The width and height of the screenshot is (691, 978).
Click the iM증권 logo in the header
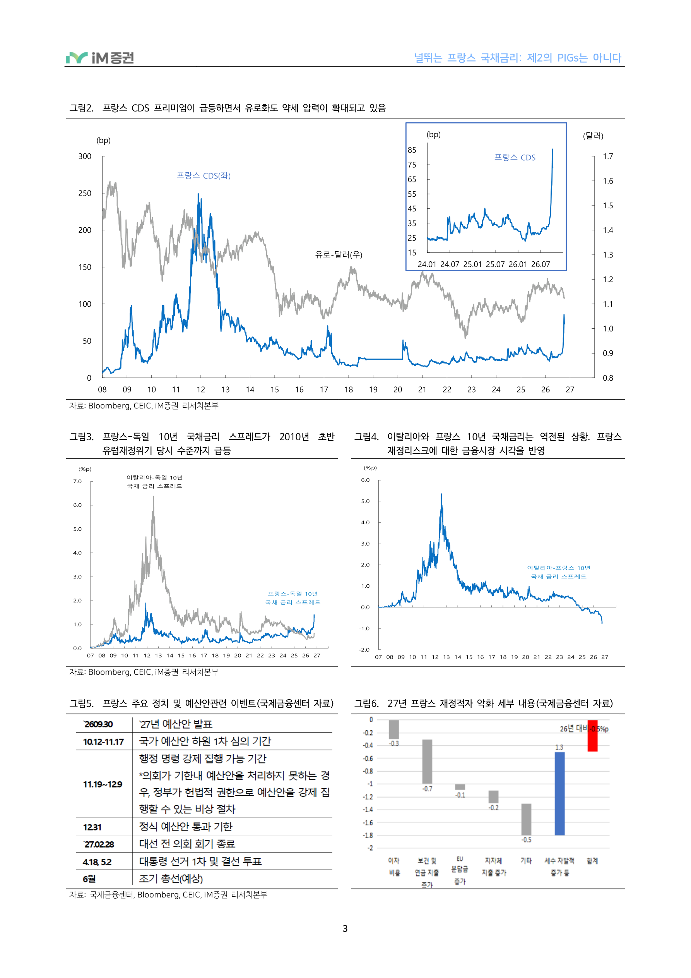pos(100,58)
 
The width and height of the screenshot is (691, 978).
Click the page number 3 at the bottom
pos(345,928)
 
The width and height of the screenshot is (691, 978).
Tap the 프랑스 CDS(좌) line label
pos(204,175)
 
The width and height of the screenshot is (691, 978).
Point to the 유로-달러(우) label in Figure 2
pos(339,255)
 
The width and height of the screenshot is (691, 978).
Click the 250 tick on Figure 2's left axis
pos(85,193)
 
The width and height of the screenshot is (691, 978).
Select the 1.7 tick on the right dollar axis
pos(608,156)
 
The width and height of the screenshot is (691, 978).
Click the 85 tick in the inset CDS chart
pos(412,150)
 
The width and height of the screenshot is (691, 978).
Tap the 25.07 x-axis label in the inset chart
pos(495,264)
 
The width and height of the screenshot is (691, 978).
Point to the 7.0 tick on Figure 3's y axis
pos(77,481)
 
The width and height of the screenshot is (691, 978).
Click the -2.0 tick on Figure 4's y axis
pos(364,650)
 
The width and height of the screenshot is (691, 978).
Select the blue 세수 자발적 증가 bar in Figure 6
pos(559,793)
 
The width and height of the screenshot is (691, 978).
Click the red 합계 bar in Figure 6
pos(593,736)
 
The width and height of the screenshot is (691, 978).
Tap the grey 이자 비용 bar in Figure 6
pos(394,729)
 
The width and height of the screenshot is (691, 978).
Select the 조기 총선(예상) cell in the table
pos(171,879)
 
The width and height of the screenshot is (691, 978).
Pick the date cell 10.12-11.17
pos(103,741)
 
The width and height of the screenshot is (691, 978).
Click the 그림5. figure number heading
pos(81,703)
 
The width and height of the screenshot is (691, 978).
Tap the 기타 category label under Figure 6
pos(526,861)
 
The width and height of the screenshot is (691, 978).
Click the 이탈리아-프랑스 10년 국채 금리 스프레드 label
pos(559,572)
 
